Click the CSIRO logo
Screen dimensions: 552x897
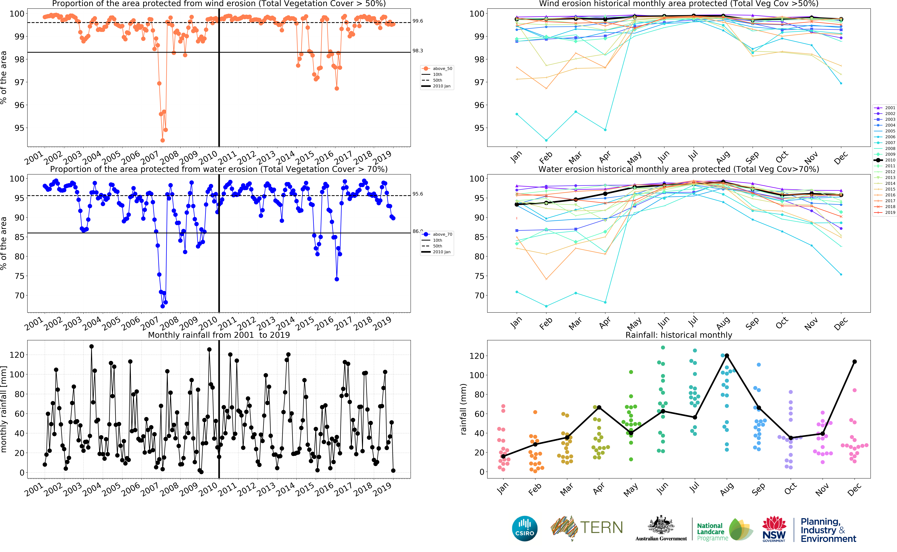click(525, 528)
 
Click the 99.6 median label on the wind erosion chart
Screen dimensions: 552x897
click(418, 21)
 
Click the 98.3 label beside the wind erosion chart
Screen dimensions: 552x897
click(418, 51)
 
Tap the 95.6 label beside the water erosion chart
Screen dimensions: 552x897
click(418, 194)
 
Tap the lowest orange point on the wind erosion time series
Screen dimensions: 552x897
click(163, 140)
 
